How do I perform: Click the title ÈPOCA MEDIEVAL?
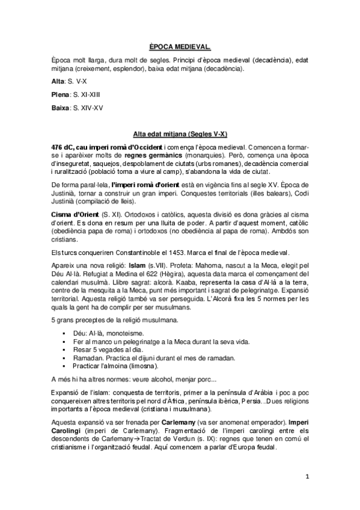180,45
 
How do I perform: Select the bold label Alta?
59,80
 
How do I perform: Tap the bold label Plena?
61,94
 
